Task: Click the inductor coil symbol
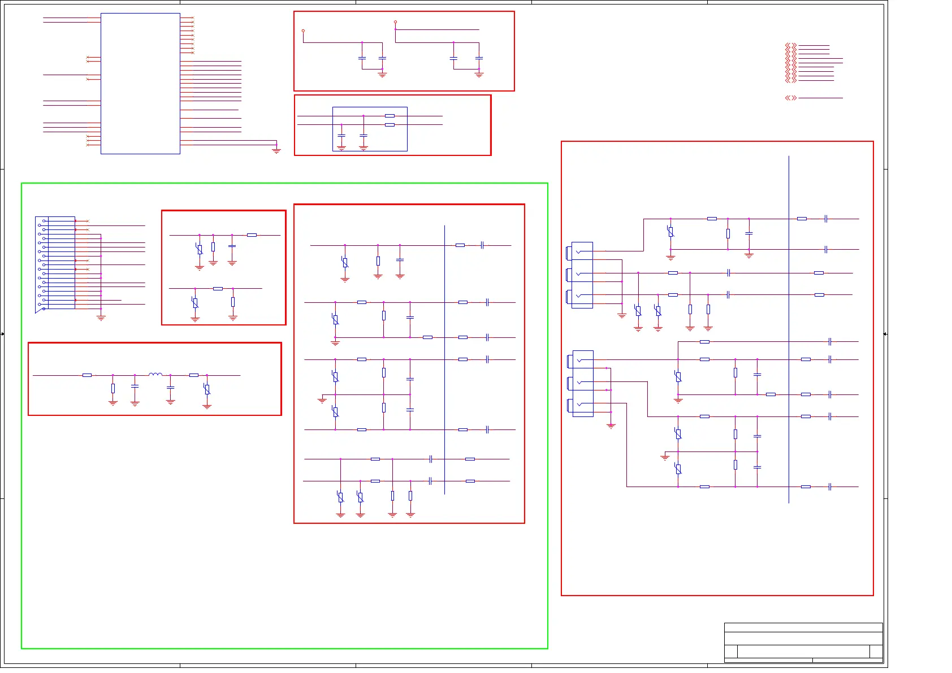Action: [155, 374]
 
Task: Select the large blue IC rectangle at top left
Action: [140, 84]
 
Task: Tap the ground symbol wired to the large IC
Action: [276, 150]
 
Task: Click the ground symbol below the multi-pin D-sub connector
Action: [101, 318]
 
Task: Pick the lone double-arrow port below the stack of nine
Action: [791, 98]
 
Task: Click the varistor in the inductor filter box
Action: [207, 389]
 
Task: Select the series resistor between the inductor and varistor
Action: [194, 375]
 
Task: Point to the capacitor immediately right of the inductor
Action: [171, 388]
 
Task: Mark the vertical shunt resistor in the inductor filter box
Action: [113, 388]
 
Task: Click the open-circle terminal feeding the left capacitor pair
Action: [303, 31]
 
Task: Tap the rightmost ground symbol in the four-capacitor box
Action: [479, 75]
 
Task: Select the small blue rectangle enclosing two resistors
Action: [370, 129]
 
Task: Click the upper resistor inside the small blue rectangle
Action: [390, 116]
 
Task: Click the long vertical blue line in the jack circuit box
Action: [789, 328]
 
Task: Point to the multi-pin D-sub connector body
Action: [55, 263]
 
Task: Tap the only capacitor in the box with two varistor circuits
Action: [232, 246]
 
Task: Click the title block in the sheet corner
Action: [803, 642]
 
